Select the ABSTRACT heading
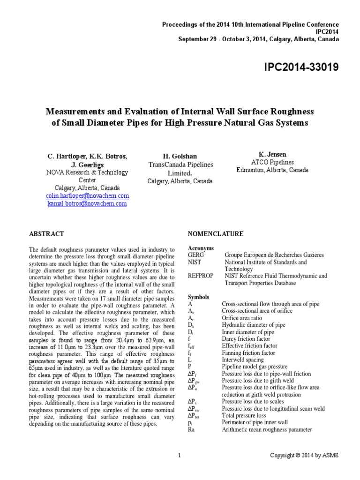tap(46, 233)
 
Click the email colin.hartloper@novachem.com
tap(87, 195)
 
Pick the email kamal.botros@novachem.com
tap(87, 203)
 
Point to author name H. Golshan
tap(180, 156)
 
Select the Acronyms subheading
tap(201, 248)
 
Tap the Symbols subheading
tap(199, 297)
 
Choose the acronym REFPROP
tap(202, 276)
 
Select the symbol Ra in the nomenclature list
tap(191, 429)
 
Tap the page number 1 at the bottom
tap(180, 455)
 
